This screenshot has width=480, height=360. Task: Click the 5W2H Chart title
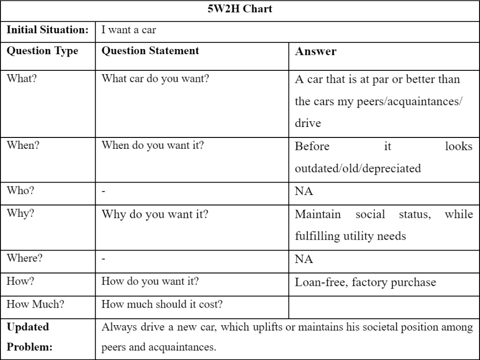coord(240,10)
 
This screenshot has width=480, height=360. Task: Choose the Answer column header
coord(315,51)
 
